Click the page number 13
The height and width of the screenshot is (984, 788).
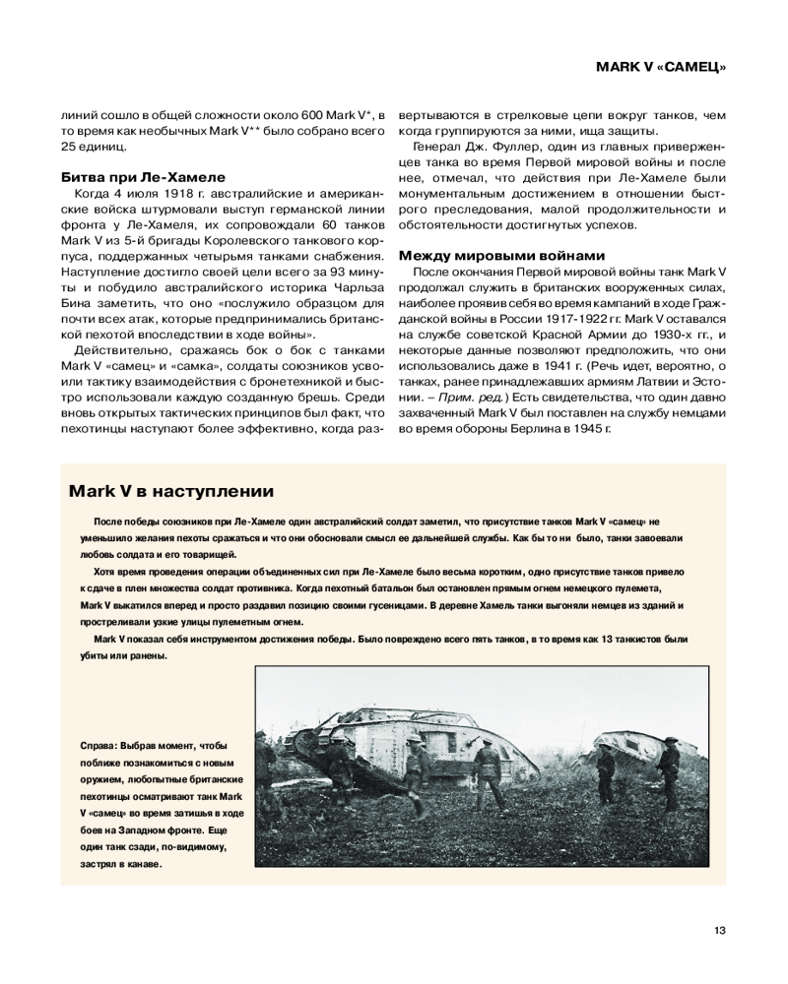tap(719, 931)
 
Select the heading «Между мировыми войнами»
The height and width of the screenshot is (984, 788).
tap(501, 256)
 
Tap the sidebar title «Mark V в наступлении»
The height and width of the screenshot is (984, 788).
tap(170, 490)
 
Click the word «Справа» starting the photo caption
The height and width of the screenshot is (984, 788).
tap(98, 745)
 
